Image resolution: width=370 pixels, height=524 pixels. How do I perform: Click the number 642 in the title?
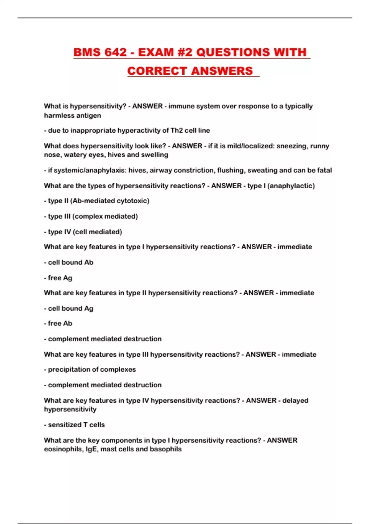point(115,52)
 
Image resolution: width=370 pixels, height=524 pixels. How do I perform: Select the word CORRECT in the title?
point(157,71)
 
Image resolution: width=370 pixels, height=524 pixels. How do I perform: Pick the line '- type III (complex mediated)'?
point(91,216)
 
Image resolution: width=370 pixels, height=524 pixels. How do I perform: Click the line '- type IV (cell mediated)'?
point(83,232)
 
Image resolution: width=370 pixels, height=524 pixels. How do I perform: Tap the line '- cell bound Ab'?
point(69,262)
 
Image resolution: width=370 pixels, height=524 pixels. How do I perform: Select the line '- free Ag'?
point(58,278)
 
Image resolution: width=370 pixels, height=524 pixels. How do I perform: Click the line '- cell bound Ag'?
point(69,308)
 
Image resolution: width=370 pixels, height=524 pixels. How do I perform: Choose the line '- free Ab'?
point(58,323)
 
